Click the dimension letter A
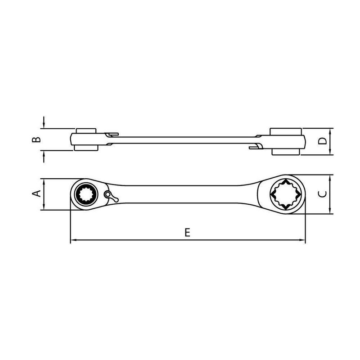pos(36,193)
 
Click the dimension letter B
pos(36,139)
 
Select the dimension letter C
pos(323,194)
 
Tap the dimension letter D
pos(323,141)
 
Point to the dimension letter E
pos(188,232)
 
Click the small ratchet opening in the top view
pos(86,194)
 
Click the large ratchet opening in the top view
pos(286,194)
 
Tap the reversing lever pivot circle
pos(107,194)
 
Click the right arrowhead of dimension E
pos(302,240)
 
